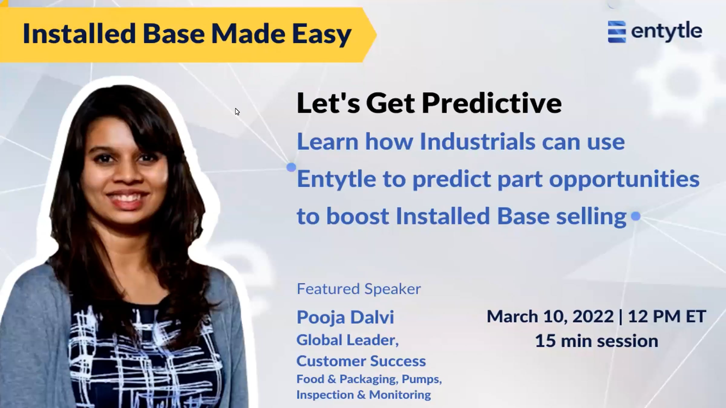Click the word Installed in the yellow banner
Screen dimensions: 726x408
click(x=79, y=33)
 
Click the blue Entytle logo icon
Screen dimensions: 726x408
click(x=617, y=32)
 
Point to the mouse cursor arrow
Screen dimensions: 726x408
click(x=237, y=112)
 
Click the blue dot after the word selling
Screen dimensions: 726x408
click(x=636, y=216)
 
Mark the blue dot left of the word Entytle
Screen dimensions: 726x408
click(x=291, y=167)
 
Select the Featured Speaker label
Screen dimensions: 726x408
click(x=359, y=289)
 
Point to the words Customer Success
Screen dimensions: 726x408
click(x=361, y=361)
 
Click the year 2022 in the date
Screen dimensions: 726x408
click(x=593, y=316)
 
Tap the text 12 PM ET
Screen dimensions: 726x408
click(x=667, y=316)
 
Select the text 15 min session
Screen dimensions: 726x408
click(x=597, y=341)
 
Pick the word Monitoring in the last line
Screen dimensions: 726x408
click(x=400, y=395)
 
